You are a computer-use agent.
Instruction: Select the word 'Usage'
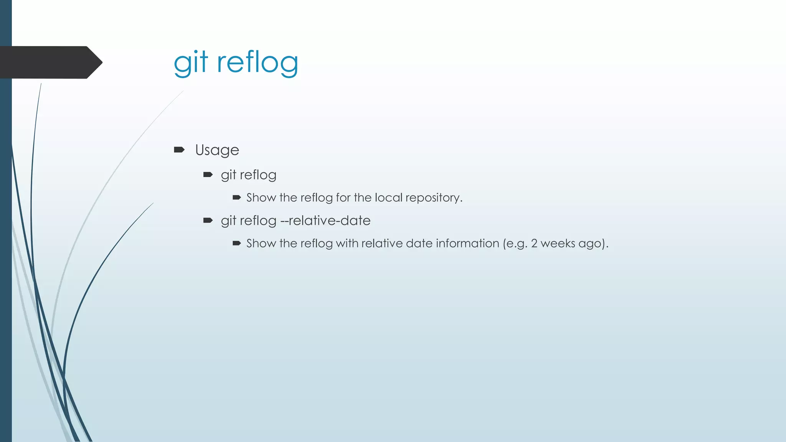(217, 150)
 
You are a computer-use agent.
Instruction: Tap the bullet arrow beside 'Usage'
(179, 150)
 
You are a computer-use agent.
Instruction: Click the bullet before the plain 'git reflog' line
(208, 175)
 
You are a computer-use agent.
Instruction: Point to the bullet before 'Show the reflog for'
(236, 198)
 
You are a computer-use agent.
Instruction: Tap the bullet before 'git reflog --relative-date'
(208, 221)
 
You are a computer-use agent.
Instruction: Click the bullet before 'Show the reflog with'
(236, 243)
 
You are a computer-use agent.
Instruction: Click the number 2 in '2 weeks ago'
(534, 244)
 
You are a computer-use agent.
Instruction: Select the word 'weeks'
(558, 244)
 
